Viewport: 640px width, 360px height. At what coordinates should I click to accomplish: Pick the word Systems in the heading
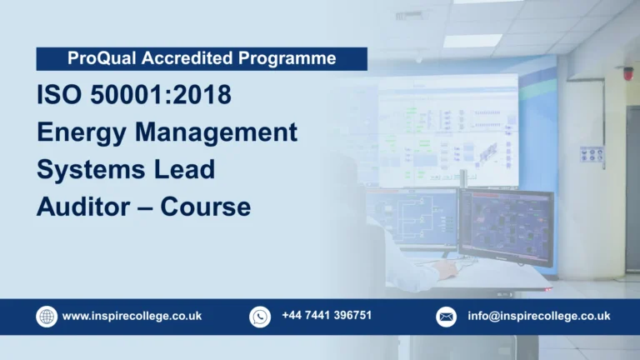point(87,169)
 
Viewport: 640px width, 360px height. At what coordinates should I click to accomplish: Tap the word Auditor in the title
point(82,206)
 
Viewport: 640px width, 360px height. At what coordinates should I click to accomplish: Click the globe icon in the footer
point(47,317)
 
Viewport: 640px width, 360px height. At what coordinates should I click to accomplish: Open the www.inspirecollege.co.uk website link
point(132,317)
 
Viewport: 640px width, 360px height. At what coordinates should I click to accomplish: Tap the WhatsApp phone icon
point(260,317)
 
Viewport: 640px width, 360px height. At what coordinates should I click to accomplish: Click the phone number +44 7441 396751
point(327,316)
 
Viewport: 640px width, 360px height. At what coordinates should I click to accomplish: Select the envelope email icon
point(447,317)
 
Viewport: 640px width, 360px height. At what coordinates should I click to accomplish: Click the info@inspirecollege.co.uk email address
point(538,317)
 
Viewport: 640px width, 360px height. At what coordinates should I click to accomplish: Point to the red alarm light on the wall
point(627,72)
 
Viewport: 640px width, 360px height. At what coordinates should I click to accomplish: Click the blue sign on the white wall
point(592,154)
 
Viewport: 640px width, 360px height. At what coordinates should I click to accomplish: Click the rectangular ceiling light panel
point(472,40)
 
